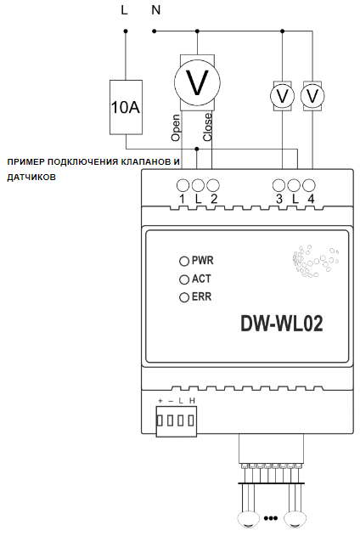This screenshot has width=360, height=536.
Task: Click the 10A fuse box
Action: click(126, 107)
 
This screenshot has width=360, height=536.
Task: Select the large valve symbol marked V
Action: click(197, 82)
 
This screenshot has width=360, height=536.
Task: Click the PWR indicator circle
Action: click(184, 261)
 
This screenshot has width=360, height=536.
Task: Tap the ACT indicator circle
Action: click(184, 279)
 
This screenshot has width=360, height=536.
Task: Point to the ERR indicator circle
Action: click(184, 297)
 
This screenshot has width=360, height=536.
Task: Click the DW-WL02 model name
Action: click(282, 324)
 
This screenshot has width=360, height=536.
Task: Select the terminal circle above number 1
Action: click(183, 185)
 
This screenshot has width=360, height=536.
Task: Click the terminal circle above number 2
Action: click(213, 185)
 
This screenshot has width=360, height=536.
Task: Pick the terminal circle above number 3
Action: click(278, 185)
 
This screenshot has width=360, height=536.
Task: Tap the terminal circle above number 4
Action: click(309, 185)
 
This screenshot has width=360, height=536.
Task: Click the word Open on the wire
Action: click(175, 128)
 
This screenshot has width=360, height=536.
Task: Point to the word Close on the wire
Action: click(207, 127)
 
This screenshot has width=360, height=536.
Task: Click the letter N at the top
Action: click(155, 10)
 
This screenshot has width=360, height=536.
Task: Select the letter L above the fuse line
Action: click(124, 10)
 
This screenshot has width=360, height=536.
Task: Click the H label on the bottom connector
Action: click(192, 401)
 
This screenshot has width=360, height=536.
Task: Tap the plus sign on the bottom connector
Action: click(160, 401)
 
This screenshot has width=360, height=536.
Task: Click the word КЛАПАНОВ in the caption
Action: click(142, 161)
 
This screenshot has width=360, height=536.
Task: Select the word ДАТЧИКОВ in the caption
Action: click(31, 178)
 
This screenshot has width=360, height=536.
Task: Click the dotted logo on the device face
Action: click(316, 261)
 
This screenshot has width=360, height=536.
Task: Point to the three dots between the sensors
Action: click(271, 518)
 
